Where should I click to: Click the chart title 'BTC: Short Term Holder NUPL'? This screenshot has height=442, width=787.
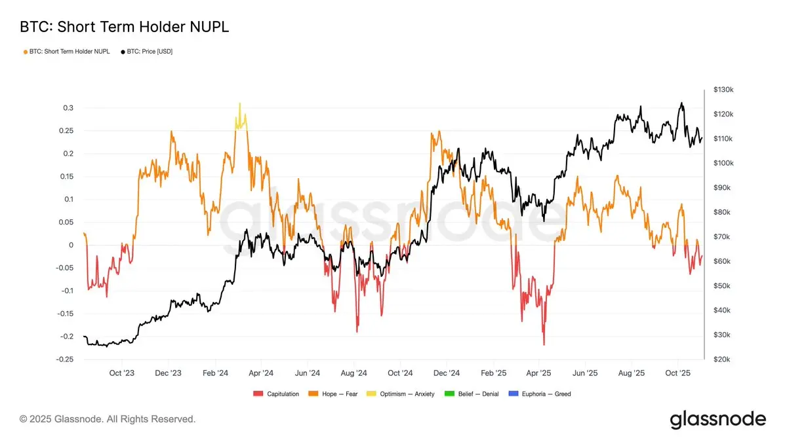tap(124, 27)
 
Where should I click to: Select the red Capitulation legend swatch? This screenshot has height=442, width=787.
tap(258, 394)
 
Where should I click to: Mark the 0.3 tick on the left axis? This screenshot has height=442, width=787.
tap(68, 108)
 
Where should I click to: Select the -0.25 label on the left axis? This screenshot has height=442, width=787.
tap(64, 359)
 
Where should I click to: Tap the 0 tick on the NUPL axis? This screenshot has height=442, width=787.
tap(71, 246)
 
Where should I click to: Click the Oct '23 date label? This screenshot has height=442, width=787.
tap(121, 373)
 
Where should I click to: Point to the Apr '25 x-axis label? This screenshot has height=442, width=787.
tap(539, 373)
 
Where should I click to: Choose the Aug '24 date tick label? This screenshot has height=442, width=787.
tap(353, 373)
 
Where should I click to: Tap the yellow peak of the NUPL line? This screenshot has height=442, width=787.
tap(240, 103)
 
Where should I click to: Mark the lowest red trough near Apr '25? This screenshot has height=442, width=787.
tap(544, 344)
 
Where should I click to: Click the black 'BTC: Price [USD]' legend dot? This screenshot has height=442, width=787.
tap(123, 51)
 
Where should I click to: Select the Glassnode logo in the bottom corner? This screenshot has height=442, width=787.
tap(717, 419)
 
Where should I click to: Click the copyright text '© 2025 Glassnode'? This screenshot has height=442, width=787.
tap(108, 419)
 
